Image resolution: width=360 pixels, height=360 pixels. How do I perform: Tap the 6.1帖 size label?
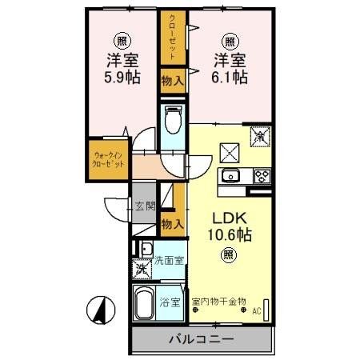(x=230, y=78)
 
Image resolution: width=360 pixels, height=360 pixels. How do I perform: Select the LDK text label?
(x=228, y=217)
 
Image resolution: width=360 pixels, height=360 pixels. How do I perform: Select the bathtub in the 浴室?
(x=146, y=305)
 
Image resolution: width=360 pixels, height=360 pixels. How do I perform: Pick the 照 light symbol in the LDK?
(x=228, y=256)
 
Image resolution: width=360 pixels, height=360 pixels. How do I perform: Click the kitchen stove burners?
(x=262, y=176)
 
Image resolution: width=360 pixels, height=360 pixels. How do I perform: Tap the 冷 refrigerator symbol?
(x=260, y=137)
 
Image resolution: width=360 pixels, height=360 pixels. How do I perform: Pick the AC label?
(x=257, y=312)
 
